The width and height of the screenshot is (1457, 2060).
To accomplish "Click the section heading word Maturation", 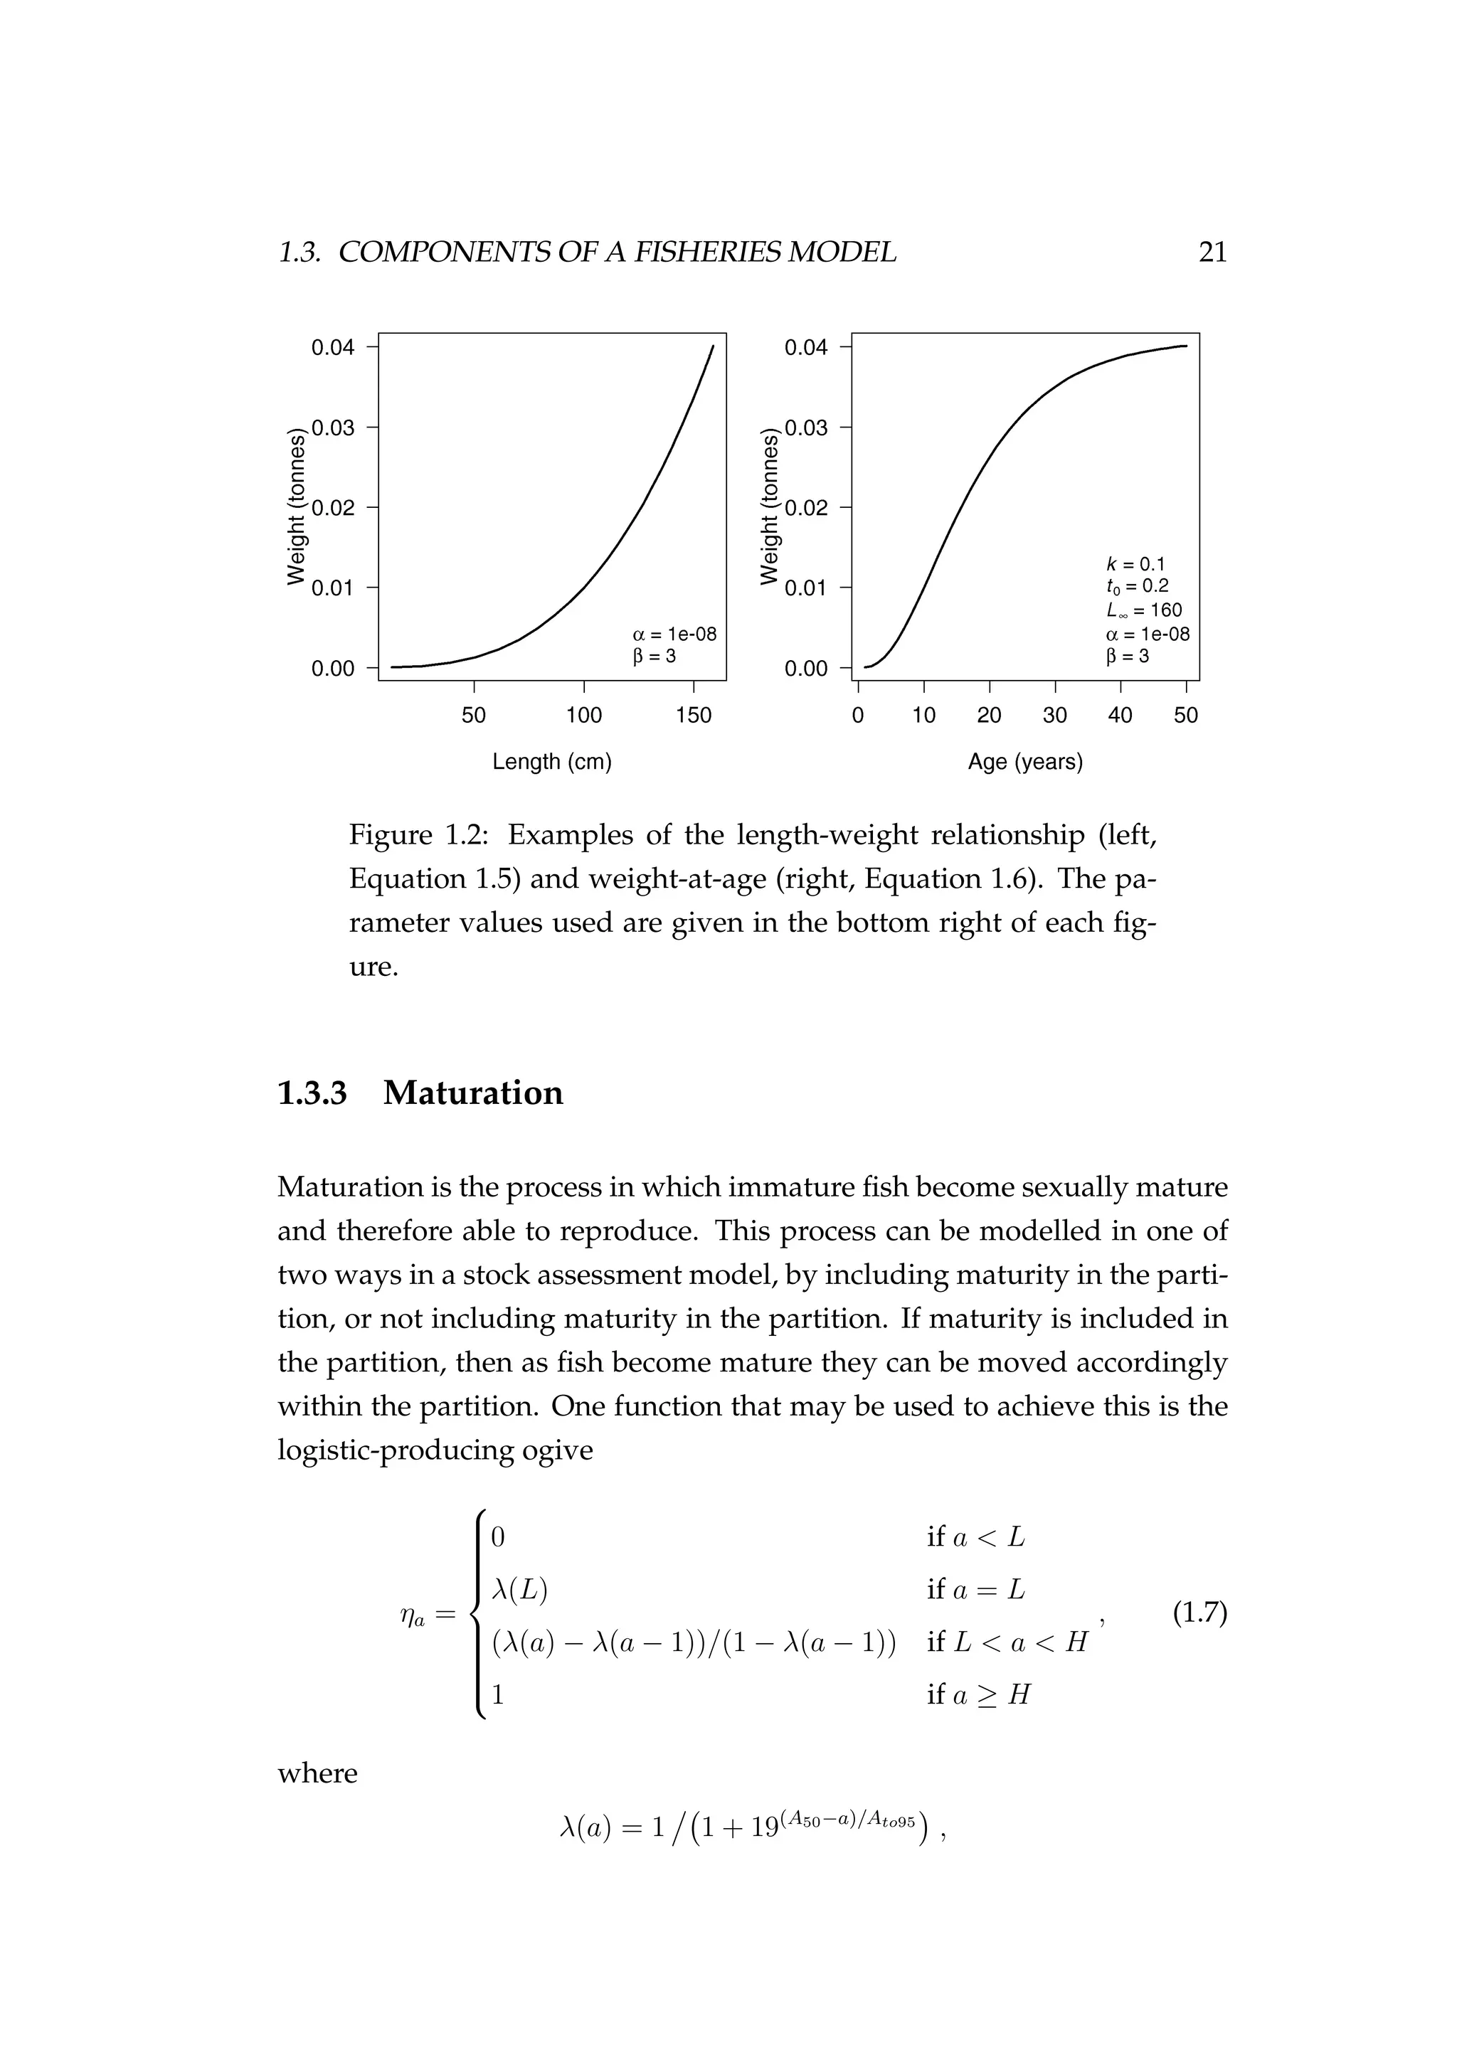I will (x=473, y=1093).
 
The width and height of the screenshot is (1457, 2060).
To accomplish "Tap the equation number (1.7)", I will (x=1199, y=1613).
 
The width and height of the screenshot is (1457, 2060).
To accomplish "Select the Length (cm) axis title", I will (x=552, y=763).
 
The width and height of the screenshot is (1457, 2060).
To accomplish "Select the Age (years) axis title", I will (x=1024, y=763).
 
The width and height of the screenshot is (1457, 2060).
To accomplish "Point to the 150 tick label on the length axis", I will (x=694, y=716).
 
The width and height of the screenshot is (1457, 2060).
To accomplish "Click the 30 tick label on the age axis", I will (x=1054, y=716).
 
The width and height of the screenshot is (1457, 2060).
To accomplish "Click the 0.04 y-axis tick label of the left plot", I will (x=333, y=348).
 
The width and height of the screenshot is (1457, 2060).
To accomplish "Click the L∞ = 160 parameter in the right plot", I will (x=1144, y=611).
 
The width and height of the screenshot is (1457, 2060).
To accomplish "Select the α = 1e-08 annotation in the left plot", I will (x=674, y=635).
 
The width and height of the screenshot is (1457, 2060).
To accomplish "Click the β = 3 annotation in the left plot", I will (x=654, y=657).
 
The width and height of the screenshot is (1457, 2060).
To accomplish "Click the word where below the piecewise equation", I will (x=317, y=1774).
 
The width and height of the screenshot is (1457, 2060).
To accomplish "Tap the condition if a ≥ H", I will (x=979, y=1694).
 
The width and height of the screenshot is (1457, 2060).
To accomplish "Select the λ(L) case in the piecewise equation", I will (x=519, y=1590).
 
